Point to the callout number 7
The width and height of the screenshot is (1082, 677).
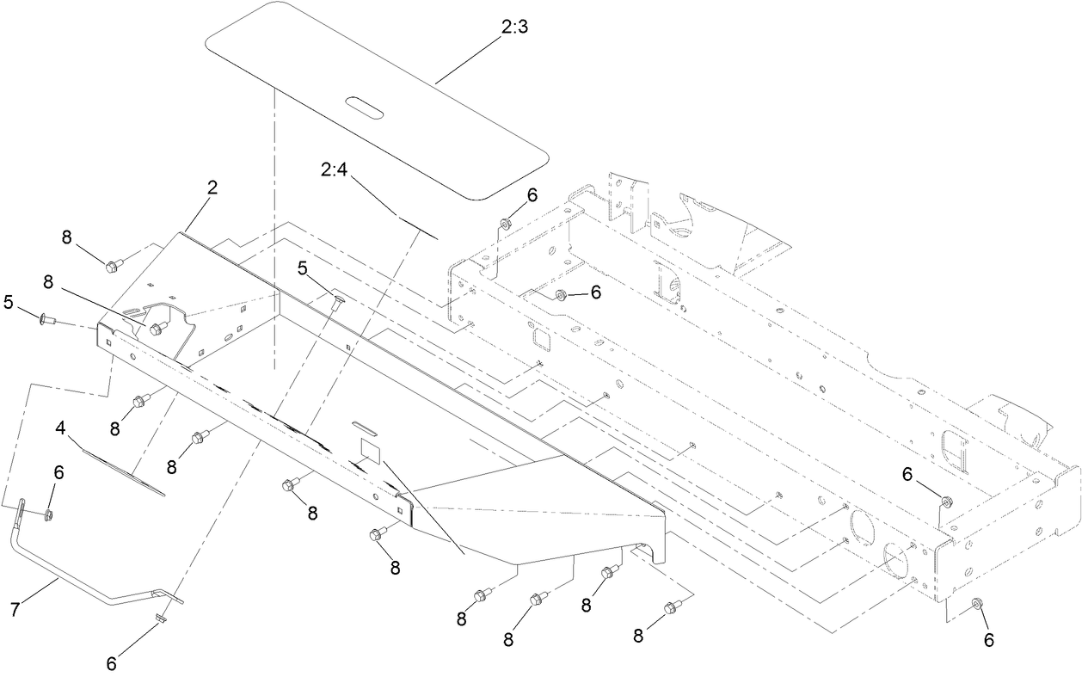(x=15, y=609)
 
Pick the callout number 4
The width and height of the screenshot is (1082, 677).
(x=61, y=428)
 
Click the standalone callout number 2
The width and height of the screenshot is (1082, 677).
(x=212, y=188)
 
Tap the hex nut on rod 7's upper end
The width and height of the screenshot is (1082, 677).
(x=49, y=514)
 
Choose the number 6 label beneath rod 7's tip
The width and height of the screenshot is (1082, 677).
(x=113, y=663)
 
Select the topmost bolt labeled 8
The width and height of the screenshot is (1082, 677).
(x=111, y=267)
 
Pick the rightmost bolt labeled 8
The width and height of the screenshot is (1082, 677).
(x=670, y=609)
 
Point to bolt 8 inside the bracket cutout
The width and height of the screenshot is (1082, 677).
(x=157, y=328)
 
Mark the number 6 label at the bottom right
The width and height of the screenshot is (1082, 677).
(x=989, y=639)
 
